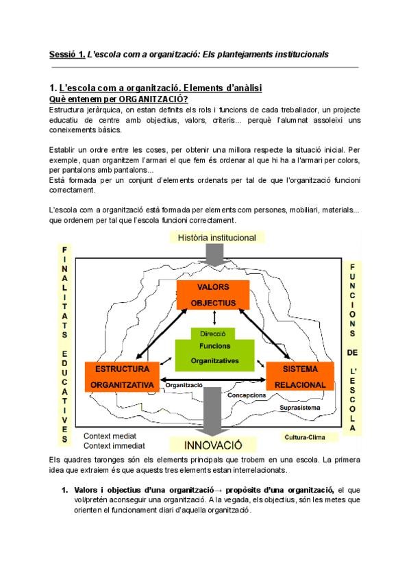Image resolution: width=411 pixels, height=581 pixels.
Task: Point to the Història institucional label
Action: point(216,238)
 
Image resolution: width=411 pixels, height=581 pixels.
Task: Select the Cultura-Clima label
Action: point(305,436)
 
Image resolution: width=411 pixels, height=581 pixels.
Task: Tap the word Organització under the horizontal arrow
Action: point(184,385)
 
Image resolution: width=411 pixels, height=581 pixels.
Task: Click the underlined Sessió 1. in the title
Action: point(67,53)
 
